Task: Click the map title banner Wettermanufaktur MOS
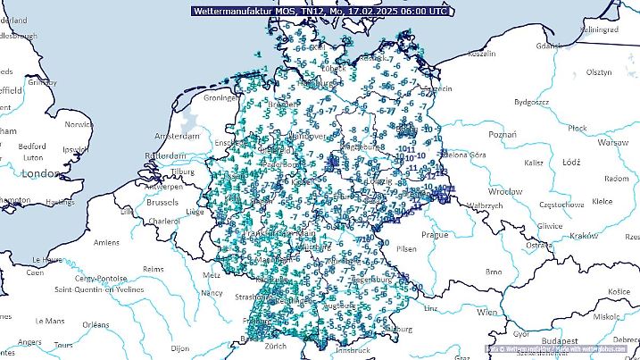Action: pos(320,11)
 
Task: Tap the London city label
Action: pos(41,172)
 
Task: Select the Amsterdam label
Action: pos(177,137)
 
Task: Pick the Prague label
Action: pos(436,234)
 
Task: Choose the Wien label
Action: pos(486,314)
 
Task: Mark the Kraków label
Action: pos(583,236)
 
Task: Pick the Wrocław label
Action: pos(504,191)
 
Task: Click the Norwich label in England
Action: pos(79,125)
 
